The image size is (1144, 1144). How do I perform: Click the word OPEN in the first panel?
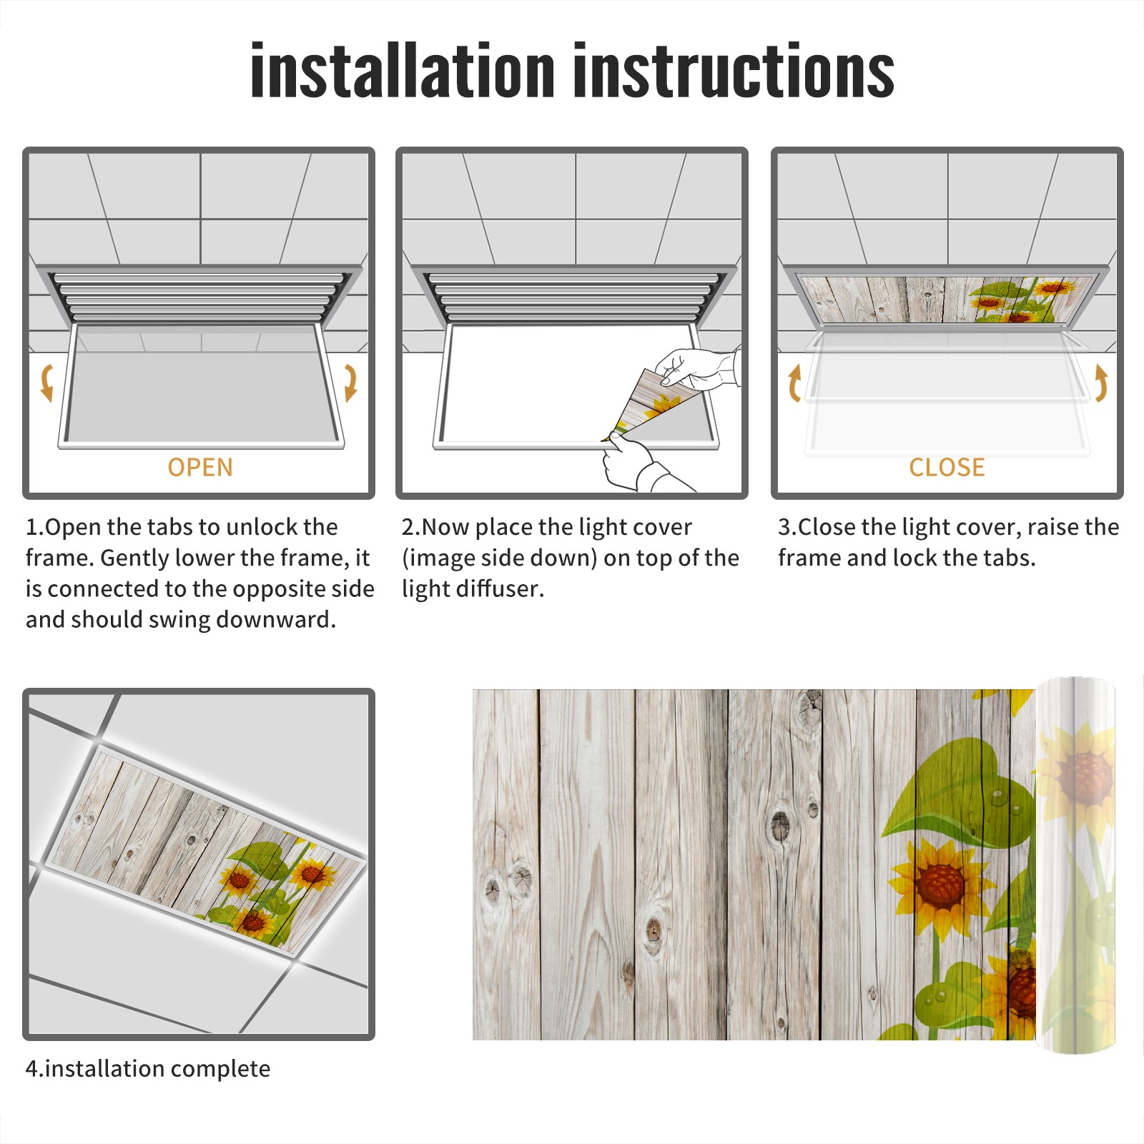pos(200,468)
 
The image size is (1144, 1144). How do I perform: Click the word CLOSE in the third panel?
pos(947,468)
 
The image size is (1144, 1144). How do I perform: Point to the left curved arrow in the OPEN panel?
pos(47,383)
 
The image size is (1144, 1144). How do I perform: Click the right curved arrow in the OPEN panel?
pos(350,383)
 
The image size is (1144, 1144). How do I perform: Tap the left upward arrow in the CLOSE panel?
pos(794,383)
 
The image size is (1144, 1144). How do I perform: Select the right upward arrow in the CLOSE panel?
pos(1101,383)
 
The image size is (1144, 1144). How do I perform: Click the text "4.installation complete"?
pos(148,1069)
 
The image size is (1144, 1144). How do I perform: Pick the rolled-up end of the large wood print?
pos(1075,865)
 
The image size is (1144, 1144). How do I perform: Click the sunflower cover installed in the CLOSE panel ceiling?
pos(947,299)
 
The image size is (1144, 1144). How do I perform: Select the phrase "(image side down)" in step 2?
pos(499,558)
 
